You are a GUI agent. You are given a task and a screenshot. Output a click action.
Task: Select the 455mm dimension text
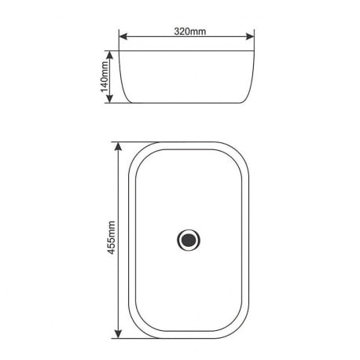[x=112, y=239]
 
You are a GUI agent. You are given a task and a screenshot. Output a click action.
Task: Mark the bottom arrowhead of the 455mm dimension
[x=119, y=333]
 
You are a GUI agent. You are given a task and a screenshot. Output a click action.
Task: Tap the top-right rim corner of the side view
[x=255, y=53]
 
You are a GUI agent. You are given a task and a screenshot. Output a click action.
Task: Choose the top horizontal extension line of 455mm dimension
[x=130, y=142]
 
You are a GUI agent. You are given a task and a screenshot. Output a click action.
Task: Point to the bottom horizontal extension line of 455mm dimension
[x=130, y=337]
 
